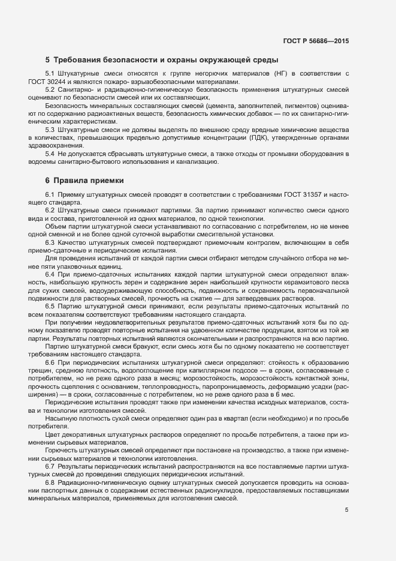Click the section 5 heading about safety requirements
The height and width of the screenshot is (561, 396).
pyautogui.click(x=161, y=60)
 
